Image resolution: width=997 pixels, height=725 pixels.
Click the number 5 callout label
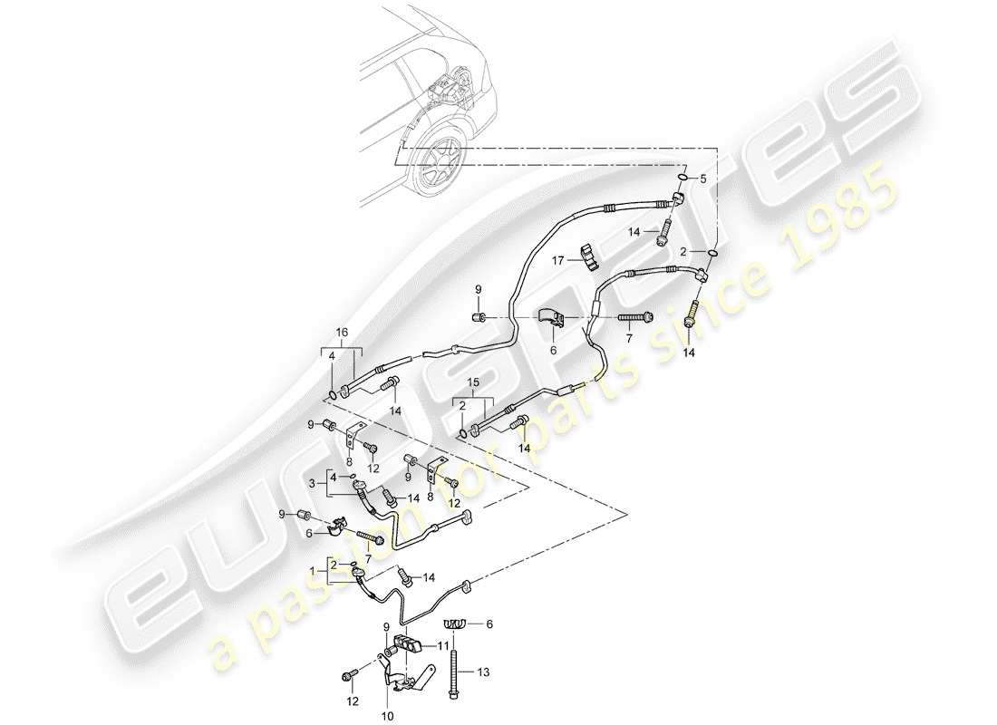pos(701,179)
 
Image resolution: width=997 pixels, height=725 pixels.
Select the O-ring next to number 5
pos(682,178)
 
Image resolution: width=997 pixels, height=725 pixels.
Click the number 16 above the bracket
pos(341,333)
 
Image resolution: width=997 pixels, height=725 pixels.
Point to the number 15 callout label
pos(472,384)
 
